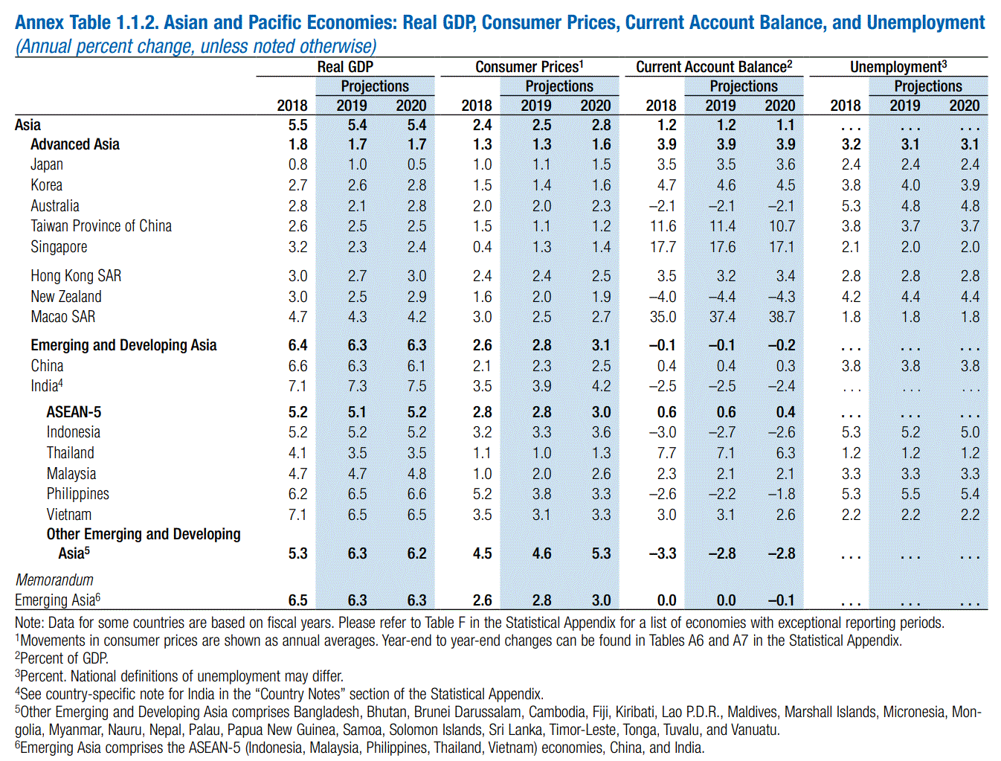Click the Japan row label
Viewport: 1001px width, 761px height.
tap(47, 164)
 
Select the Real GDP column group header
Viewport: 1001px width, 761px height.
tap(345, 67)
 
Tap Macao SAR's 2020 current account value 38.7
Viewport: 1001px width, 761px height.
tap(782, 317)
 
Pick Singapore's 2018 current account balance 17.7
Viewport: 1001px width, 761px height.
tap(663, 247)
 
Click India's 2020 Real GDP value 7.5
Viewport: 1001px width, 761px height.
tap(416, 386)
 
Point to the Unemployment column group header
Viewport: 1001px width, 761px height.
tap(898, 67)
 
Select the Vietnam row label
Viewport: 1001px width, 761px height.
tap(69, 515)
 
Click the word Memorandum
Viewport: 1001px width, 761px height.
tap(54, 580)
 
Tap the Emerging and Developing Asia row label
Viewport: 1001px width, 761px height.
tap(123, 345)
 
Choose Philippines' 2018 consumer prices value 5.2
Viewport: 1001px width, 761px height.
tap(482, 494)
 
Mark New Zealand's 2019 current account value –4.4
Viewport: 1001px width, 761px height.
tap(721, 297)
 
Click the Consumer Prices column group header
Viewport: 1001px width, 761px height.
tap(530, 67)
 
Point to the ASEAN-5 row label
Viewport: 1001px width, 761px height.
tap(74, 412)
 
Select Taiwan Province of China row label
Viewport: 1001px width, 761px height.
tap(101, 226)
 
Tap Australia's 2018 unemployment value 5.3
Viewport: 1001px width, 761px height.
tap(851, 206)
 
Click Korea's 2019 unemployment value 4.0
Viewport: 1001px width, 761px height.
tap(910, 185)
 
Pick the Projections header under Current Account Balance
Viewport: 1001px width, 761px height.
tap(744, 86)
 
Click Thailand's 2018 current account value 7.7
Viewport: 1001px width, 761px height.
tap(666, 453)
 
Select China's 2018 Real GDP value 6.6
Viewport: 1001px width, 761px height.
tap(297, 366)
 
